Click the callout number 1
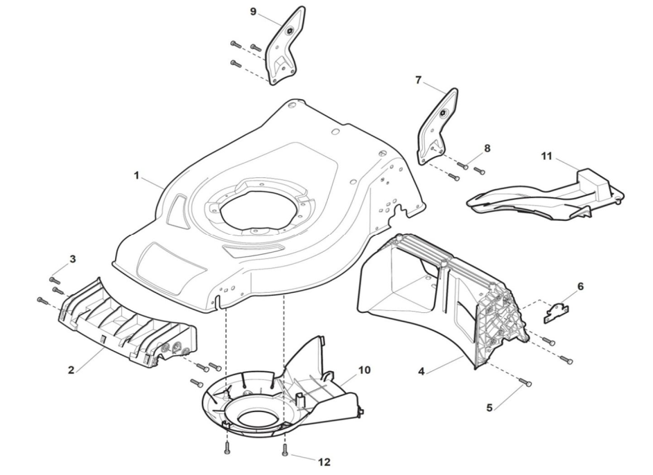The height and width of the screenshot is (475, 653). click(137, 176)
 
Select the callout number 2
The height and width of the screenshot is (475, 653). click(71, 370)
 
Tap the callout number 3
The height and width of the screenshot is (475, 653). click(73, 259)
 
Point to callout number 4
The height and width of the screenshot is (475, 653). click(421, 371)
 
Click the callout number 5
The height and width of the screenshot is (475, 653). click(489, 407)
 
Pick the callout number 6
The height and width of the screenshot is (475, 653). click(580, 286)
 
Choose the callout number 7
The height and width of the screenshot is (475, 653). click(418, 80)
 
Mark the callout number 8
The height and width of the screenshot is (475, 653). click(487, 148)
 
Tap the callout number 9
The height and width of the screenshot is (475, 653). click(253, 11)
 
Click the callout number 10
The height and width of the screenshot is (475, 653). click(364, 370)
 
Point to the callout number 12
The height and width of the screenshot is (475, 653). click(324, 462)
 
